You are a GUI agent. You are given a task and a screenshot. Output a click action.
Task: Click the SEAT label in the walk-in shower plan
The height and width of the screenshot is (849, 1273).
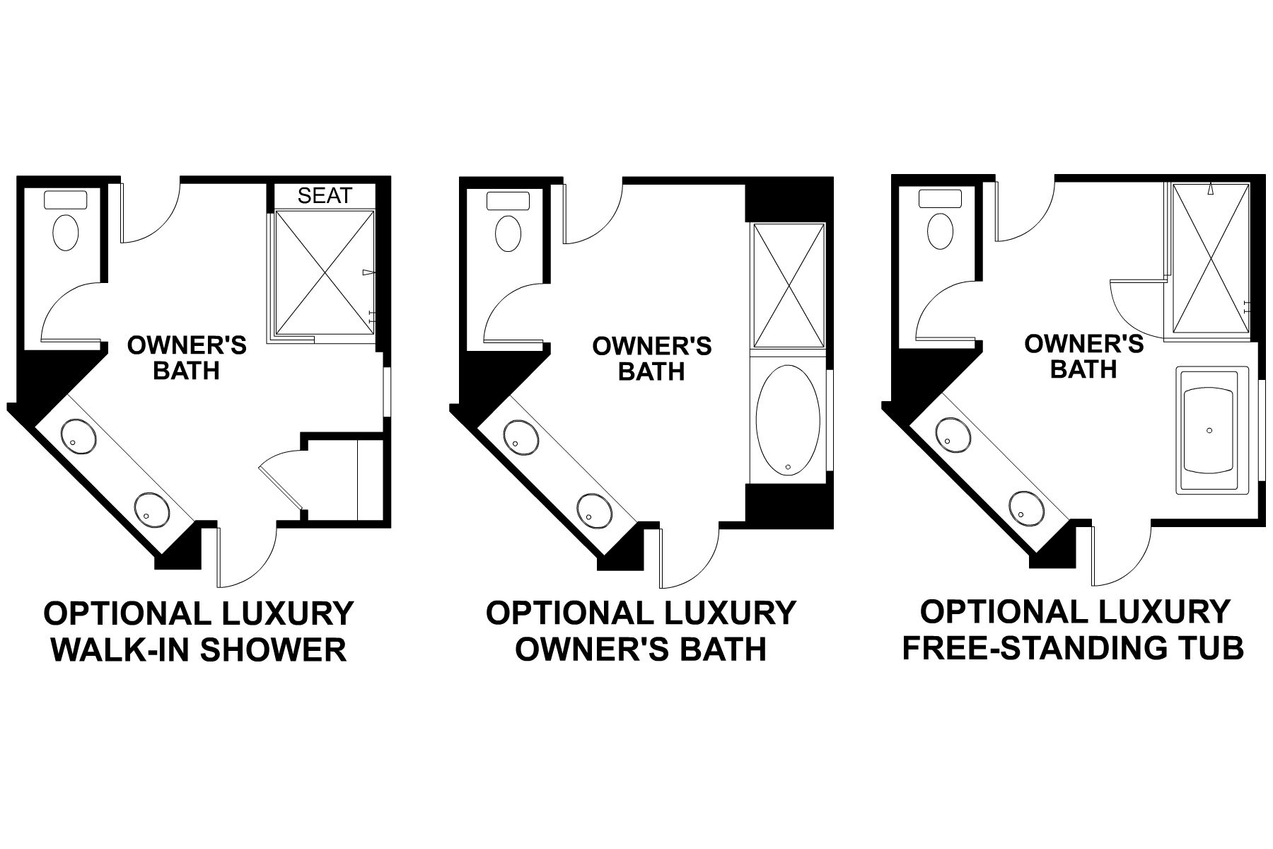[325, 196]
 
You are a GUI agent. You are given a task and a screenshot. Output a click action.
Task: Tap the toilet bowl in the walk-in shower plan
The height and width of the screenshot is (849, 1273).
[66, 232]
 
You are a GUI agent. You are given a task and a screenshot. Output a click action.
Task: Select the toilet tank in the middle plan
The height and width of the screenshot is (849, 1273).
[508, 200]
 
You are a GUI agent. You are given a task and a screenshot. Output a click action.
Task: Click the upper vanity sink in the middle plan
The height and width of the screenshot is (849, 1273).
[521, 437]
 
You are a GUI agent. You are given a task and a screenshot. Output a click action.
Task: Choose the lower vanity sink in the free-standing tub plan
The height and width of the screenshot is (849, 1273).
[1027, 507]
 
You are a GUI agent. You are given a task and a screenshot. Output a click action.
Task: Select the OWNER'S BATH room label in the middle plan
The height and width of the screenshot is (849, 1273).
[651, 358]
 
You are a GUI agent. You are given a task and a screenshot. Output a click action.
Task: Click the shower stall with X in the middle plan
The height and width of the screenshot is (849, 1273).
[789, 285]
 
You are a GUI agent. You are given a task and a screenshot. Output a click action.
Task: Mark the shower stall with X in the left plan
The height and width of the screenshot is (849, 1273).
[324, 272]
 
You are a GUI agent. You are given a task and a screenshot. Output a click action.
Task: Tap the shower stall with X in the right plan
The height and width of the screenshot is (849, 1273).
[1211, 258]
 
